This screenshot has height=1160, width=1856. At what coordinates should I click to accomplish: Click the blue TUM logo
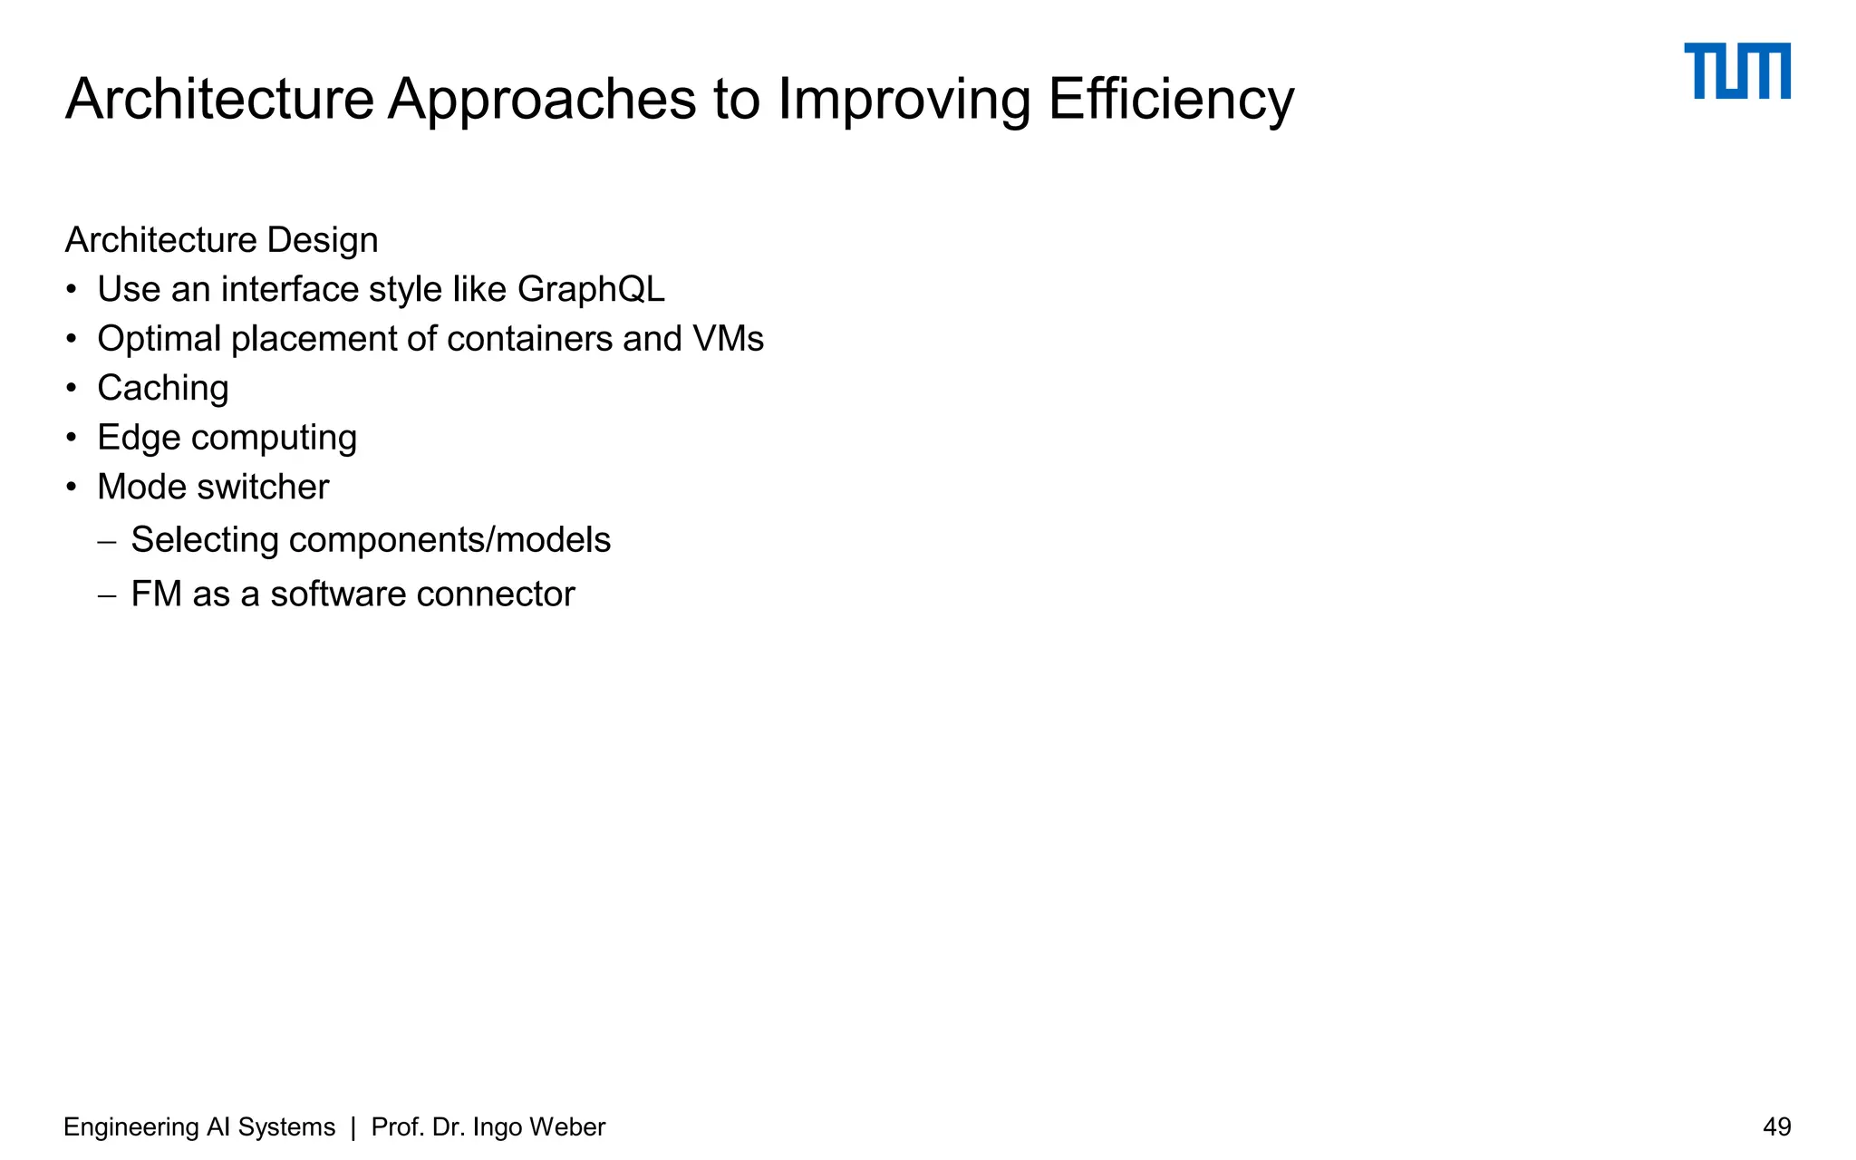[x=1736, y=71]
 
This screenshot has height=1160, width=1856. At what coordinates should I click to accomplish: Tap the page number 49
[x=1776, y=1126]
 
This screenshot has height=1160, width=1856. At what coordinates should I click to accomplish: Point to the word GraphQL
[x=591, y=289]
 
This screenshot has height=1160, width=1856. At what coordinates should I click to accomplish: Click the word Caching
[x=163, y=388]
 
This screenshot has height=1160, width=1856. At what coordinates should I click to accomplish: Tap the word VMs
[x=728, y=339]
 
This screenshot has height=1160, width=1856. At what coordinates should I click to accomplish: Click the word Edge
[x=139, y=438]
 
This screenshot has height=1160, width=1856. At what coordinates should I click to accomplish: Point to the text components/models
[x=449, y=540]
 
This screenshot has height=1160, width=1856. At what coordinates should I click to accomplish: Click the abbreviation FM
[x=156, y=594]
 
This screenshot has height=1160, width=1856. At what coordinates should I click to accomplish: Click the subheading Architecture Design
[x=221, y=240]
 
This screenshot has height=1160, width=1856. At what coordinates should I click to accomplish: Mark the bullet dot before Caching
[x=72, y=388]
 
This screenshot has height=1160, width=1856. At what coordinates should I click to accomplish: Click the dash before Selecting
[x=107, y=542]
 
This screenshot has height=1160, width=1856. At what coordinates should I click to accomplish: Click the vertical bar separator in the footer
[x=353, y=1126]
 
